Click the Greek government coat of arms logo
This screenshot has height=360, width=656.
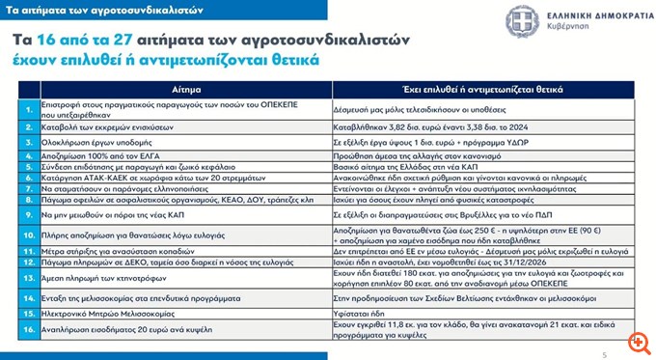click(523, 22)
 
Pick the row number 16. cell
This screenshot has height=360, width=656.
click(27, 331)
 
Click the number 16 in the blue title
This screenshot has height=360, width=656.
click(48, 42)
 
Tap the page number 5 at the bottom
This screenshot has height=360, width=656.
click(605, 353)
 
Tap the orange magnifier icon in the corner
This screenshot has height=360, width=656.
click(638, 343)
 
